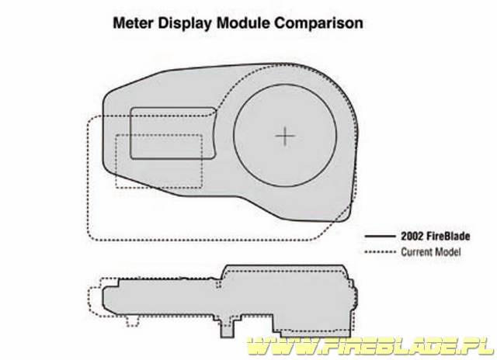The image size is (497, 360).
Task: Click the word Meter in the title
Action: point(134,22)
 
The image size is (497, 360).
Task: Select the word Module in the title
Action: point(243,22)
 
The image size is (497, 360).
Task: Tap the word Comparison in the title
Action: point(318,23)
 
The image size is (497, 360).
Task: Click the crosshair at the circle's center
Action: point(285,136)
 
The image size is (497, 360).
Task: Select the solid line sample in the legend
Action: point(380,236)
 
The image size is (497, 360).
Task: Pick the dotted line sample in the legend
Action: point(380,252)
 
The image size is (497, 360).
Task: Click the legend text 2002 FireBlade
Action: point(436,236)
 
